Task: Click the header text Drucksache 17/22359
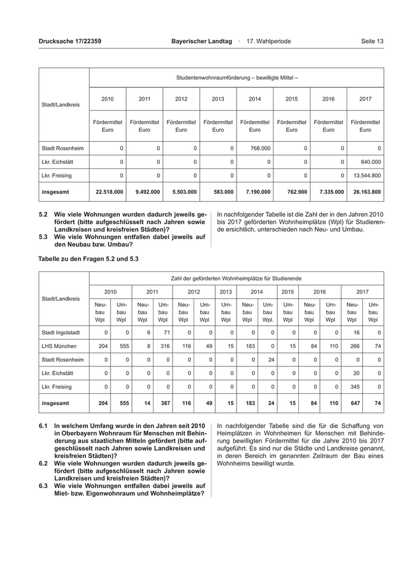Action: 70,42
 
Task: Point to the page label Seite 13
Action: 372,42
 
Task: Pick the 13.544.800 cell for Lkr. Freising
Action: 367,175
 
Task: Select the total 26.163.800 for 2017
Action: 367,191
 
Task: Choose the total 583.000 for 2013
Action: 223,191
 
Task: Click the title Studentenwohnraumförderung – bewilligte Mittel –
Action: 237,77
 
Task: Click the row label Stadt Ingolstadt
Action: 61,333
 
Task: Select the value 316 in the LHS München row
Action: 164,346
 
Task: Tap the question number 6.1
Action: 43,426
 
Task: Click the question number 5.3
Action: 43,237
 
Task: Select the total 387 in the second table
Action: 164,402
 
